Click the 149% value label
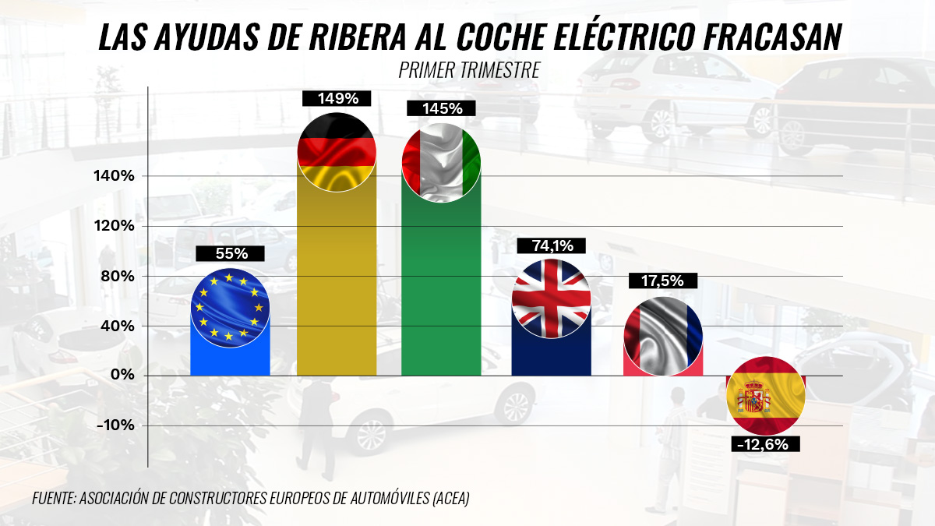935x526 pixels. coord(337,99)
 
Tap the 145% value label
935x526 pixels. coord(440,109)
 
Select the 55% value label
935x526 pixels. coord(230,253)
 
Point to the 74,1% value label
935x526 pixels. coord(551,246)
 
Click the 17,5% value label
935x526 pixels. coord(663,281)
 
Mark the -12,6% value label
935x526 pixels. coord(765,444)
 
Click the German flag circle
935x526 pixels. coord(337,153)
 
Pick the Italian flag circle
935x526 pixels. coord(441,163)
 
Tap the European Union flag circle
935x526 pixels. coord(230,307)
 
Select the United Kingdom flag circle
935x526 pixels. coord(551,298)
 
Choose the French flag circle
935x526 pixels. coord(663,336)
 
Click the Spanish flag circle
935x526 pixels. coord(765,395)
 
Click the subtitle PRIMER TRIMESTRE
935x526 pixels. coord(469,69)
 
